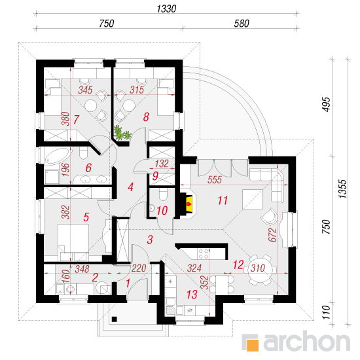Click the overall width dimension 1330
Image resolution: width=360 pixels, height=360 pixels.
166,9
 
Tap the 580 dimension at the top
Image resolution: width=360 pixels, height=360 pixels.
242,24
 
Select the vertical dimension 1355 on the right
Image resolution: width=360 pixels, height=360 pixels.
342,189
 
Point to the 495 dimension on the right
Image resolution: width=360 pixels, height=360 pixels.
326,105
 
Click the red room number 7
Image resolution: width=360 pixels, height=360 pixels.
76,119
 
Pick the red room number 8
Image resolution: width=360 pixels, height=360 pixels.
146,117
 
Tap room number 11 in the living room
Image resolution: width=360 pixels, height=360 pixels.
223,200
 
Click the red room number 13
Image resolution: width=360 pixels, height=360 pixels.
192,295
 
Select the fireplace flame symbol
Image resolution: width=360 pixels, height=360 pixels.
189,204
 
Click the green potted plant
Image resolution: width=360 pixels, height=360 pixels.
122,133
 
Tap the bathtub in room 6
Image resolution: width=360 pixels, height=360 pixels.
57,156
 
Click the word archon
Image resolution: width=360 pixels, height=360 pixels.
307,342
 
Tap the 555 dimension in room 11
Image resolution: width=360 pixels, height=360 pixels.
215,180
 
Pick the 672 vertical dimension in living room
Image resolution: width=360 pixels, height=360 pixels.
272,234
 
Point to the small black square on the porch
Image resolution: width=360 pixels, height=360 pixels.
115,319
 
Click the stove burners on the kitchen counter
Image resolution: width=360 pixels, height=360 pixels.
204,254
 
